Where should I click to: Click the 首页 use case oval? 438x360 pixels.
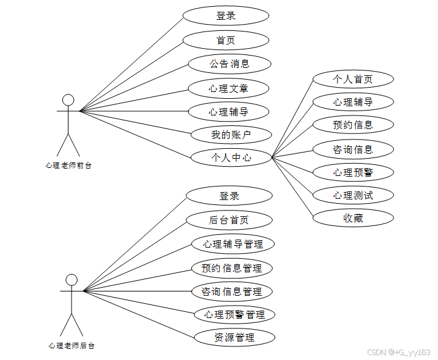pos(226,40)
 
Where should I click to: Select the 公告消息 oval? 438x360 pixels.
pos(229,64)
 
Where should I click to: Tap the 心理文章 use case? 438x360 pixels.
pos(229,88)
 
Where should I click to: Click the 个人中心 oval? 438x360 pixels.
pos(231,157)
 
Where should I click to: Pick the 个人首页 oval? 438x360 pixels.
pos(353,79)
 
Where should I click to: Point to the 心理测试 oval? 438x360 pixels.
pos(353,195)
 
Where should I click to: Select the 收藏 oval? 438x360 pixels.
pos(353,217)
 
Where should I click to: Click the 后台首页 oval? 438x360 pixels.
pos(229,220)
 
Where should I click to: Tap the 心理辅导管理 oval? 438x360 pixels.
pos(233,244)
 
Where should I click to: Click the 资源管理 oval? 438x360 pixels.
pos(234,337)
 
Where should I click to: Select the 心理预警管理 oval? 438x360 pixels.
pos(234,314)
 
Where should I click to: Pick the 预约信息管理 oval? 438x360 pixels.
pos(231,268)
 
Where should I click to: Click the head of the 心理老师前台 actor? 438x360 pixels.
pos(68,100)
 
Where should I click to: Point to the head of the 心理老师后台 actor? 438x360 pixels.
pos(72,280)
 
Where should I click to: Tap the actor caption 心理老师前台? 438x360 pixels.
pos(68,165)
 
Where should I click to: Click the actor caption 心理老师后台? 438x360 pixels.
pos(72,345)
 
